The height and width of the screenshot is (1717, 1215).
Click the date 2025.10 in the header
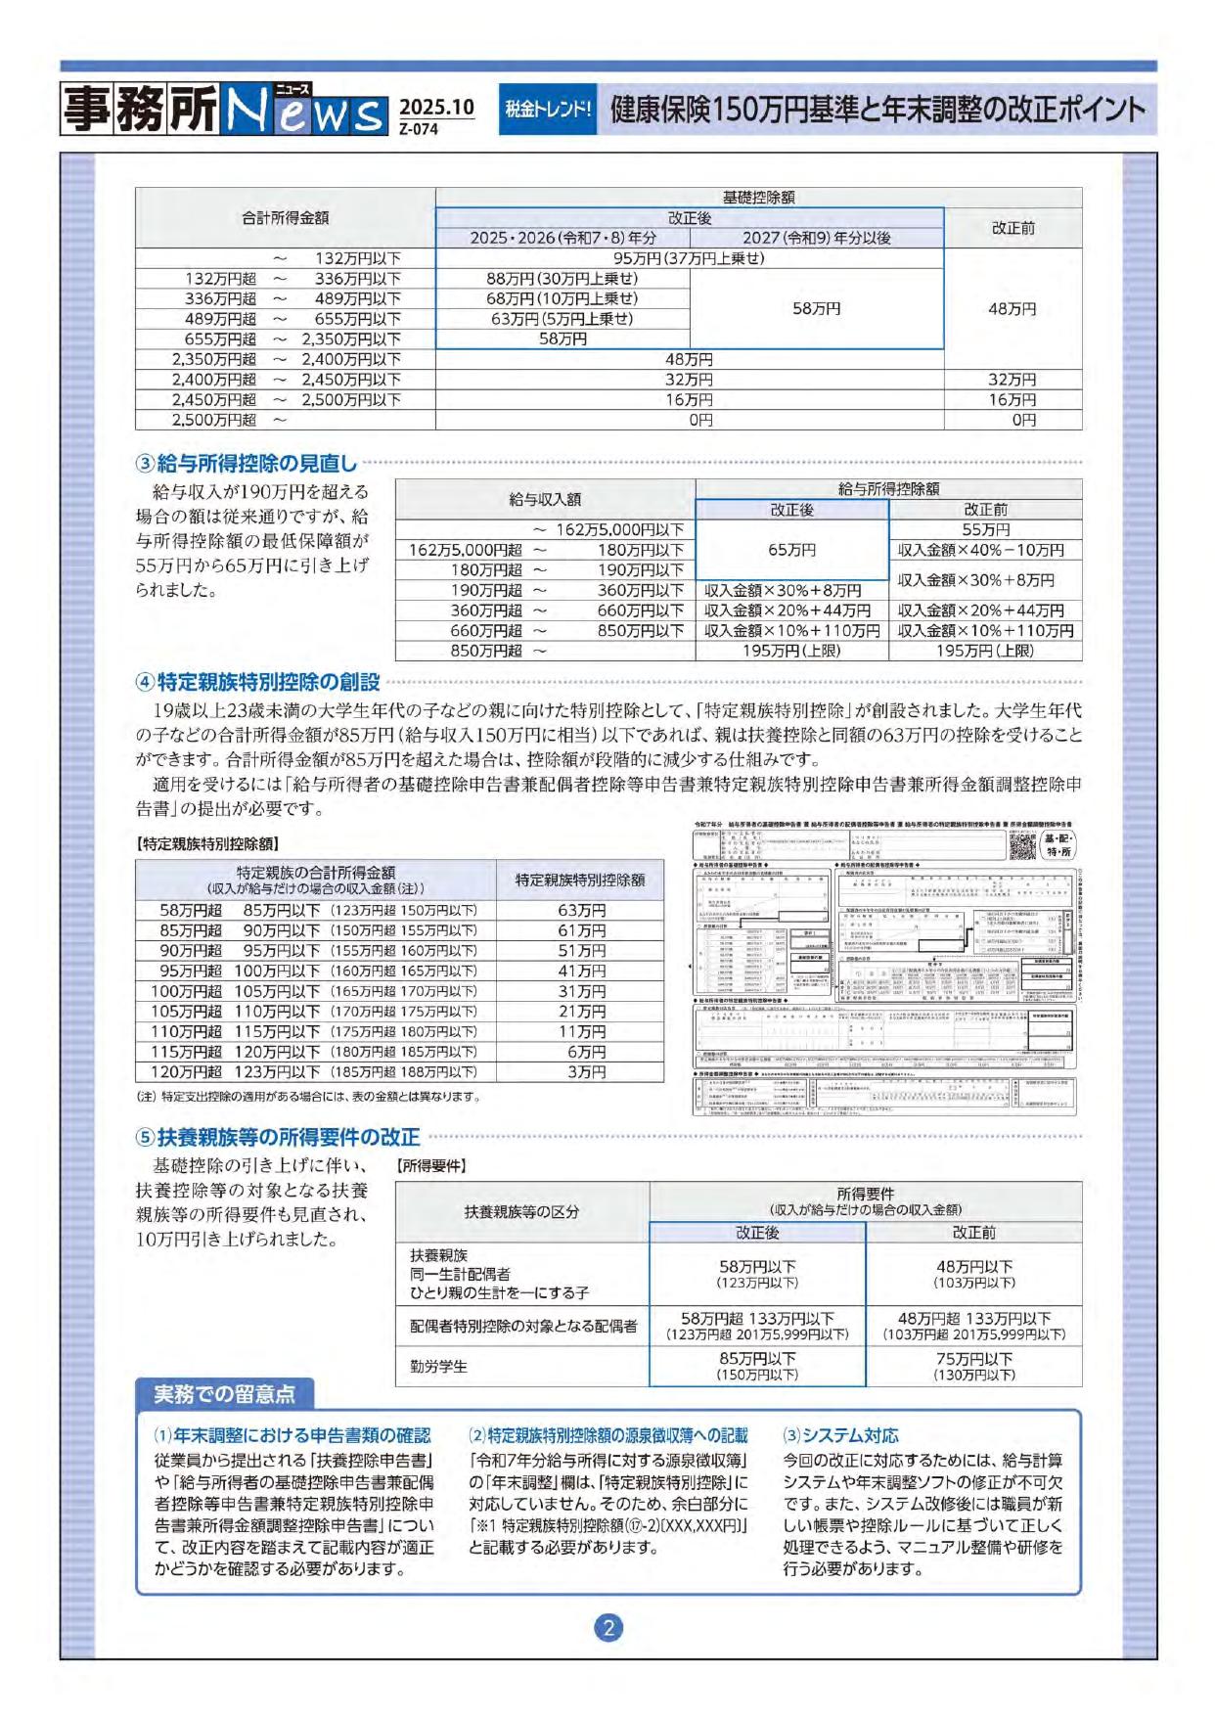click(x=436, y=107)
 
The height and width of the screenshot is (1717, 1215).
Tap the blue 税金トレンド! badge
click(x=548, y=109)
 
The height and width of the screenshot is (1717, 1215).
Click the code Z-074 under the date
click(x=419, y=129)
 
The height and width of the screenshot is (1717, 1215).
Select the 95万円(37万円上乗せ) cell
click(x=689, y=258)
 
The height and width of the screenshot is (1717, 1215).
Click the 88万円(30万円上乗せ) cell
click(x=562, y=279)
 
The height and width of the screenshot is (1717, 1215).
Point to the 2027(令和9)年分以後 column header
click(x=816, y=238)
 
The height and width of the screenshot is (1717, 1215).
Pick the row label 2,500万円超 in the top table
click(x=214, y=420)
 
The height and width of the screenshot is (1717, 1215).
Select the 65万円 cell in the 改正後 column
click(x=791, y=550)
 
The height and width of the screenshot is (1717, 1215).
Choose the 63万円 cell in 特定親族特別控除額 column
click(x=581, y=910)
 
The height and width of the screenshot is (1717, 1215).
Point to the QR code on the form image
click(x=1022, y=846)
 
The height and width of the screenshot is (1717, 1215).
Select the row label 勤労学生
click(x=438, y=1367)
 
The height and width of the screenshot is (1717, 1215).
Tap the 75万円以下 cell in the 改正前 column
click(x=973, y=1360)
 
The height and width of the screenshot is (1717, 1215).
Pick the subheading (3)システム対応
click(x=840, y=1435)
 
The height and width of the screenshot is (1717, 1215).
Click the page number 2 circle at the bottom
click(x=608, y=1628)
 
